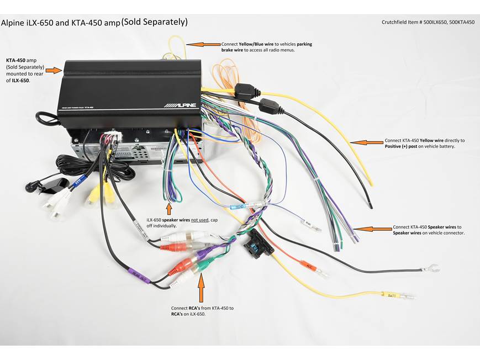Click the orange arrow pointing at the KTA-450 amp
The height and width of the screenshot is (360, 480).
click(x=54, y=70)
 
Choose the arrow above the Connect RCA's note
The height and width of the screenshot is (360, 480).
click(x=201, y=287)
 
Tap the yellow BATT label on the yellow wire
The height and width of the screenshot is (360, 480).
click(x=391, y=296)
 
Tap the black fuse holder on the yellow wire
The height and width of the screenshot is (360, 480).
click(x=244, y=90)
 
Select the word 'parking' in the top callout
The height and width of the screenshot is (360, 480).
click(x=307, y=44)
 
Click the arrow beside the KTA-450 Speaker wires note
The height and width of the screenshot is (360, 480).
click(x=372, y=227)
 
